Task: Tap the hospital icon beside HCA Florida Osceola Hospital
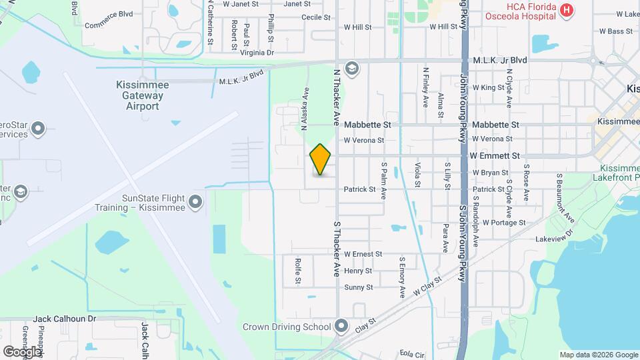pyautogui.click(x=566, y=10)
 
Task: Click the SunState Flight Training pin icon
pyautogui.click(x=195, y=201)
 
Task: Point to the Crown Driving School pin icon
pyautogui.click(x=342, y=327)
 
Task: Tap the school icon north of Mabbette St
pyautogui.click(x=352, y=67)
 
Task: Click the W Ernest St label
pyautogui.click(x=363, y=254)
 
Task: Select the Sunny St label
pyautogui.click(x=359, y=287)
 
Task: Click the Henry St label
pyautogui.click(x=358, y=271)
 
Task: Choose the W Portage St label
pyautogui.click(x=504, y=222)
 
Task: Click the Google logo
pyautogui.click(x=22, y=351)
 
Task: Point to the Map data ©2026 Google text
pyautogui.click(x=598, y=355)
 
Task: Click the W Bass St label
pyautogui.click(x=615, y=31)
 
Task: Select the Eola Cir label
pyautogui.click(x=412, y=353)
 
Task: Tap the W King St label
pyautogui.click(x=489, y=87)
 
